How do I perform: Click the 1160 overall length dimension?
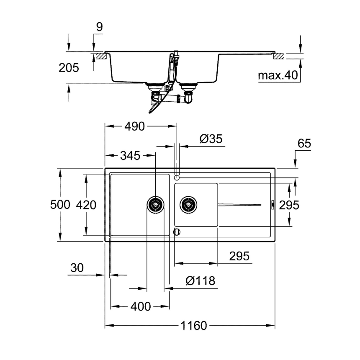point(195,326)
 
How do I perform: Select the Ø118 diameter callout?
point(200,281)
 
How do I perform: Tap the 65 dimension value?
point(304,144)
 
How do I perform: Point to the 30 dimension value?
point(77,268)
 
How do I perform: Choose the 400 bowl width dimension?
point(140,306)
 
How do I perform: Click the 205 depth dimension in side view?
point(69,67)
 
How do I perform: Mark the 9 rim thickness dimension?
point(99,27)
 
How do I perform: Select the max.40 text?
point(277,76)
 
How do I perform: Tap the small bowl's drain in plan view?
point(188,205)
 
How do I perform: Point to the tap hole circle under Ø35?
point(177,177)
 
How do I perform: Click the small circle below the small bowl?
point(177,231)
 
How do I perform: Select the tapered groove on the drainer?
point(239,205)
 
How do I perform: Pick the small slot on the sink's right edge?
point(273,205)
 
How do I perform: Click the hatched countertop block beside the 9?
point(100,55)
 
